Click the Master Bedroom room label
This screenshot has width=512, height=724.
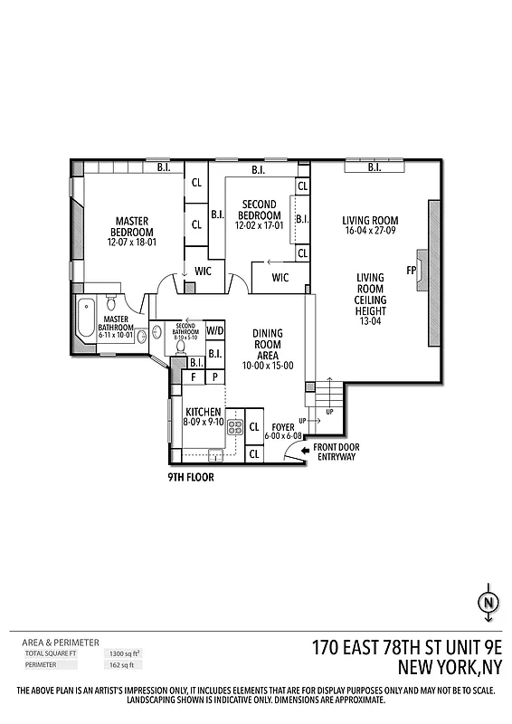click(x=132, y=225)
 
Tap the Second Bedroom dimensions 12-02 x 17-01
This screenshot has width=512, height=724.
click(x=259, y=225)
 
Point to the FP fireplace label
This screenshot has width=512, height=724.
click(x=411, y=270)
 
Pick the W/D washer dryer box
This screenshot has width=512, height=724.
click(x=215, y=331)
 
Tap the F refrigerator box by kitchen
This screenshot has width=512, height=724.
click(x=194, y=377)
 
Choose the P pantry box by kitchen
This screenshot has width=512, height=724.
click(x=215, y=377)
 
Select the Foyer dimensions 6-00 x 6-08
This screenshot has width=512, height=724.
click(x=282, y=436)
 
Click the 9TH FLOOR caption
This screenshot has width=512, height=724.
click(x=191, y=477)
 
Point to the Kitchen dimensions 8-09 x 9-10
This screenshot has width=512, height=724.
click(x=204, y=421)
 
